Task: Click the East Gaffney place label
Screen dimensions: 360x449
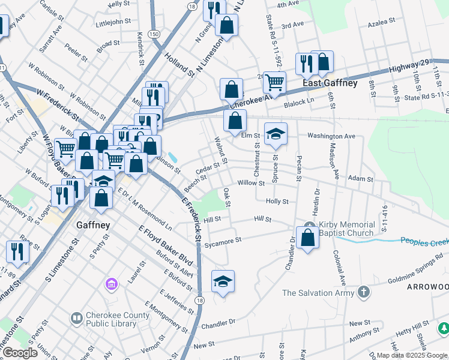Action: click(x=330, y=83)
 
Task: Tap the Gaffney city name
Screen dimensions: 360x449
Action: click(x=93, y=226)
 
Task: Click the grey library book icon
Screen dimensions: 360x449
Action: click(x=76, y=317)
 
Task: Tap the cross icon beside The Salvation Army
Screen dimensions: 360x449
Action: click(x=363, y=292)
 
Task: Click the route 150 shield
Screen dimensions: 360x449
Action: click(x=154, y=35)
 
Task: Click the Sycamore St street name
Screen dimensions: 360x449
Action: click(x=222, y=241)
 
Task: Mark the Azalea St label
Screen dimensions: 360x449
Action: click(x=382, y=20)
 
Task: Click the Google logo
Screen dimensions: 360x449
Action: click(x=20, y=353)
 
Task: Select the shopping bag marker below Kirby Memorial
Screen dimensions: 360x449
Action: click(x=307, y=238)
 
